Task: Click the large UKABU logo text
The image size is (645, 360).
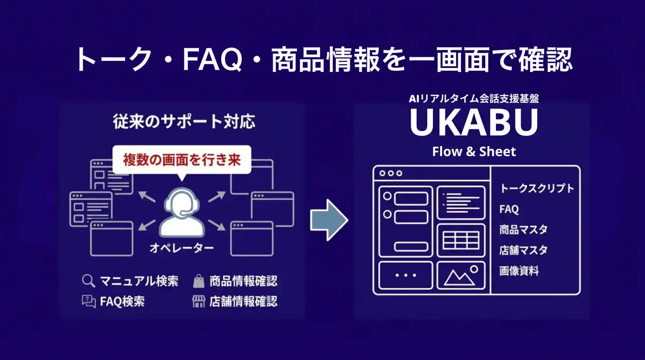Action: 474,123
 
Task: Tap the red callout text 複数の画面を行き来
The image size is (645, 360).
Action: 182,160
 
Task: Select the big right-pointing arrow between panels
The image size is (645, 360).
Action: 329,220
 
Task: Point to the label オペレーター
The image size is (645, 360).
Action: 181,248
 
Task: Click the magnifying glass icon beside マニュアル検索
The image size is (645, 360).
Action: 89,281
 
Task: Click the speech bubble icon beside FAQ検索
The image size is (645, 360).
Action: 89,302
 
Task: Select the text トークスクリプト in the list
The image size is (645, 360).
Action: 537,189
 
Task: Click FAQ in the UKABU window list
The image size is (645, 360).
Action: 509,209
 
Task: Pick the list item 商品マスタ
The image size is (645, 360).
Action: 523,230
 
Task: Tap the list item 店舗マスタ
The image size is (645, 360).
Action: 523,251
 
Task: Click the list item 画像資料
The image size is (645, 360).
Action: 519,271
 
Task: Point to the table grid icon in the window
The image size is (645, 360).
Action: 461,240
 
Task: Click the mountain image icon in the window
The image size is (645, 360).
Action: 461,275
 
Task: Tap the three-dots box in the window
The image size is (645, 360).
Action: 406,275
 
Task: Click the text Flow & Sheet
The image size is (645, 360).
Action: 474,151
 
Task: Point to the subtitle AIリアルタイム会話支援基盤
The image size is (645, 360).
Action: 474,99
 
